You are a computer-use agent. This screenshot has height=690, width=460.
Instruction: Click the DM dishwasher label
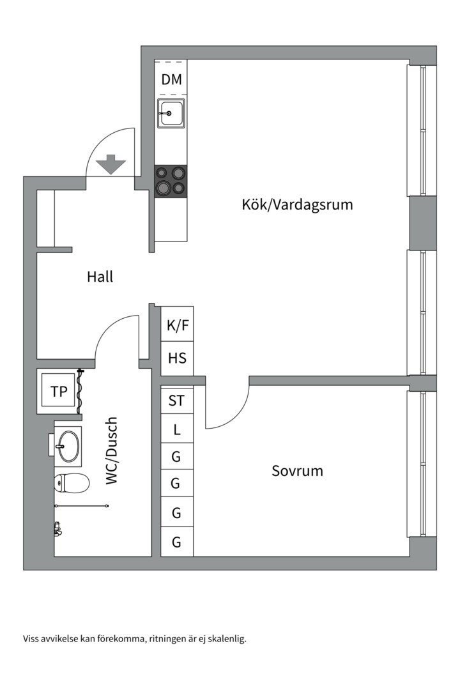(171, 80)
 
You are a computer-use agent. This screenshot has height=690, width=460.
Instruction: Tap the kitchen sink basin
(171, 113)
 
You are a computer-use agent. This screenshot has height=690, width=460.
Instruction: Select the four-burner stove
(171, 181)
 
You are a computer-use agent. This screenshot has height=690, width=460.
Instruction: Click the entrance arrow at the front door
(111, 164)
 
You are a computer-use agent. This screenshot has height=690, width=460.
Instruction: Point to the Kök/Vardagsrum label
(297, 205)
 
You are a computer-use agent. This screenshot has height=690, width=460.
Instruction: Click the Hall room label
(100, 277)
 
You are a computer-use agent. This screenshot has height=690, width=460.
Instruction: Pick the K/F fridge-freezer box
(177, 325)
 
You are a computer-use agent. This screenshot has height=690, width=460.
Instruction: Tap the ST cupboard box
(176, 401)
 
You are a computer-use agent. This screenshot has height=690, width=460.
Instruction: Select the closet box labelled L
(176, 430)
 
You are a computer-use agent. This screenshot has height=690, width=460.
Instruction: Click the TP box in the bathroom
(58, 392)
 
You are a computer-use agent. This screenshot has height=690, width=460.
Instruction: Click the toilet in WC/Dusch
(71, 483)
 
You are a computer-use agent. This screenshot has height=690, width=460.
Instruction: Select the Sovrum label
(297, 471)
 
